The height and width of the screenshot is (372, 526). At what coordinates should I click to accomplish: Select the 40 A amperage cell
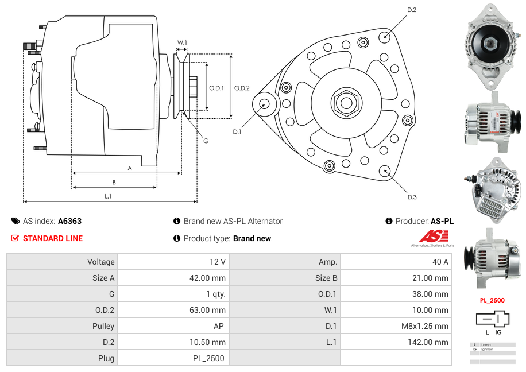click(440, 262)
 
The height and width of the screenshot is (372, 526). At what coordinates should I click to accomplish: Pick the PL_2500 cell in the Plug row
click(209, 358)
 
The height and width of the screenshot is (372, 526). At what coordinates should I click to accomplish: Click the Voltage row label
click(100, 262)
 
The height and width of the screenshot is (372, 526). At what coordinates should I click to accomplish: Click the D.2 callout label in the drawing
click(412, 10)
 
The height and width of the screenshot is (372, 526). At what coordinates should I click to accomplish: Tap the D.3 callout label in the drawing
click(412, 197)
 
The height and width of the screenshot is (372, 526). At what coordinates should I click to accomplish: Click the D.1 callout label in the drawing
click(237, 132)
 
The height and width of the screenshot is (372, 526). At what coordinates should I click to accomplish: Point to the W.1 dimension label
click(182, 42)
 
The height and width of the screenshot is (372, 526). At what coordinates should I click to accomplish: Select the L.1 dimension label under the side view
click(108, 196)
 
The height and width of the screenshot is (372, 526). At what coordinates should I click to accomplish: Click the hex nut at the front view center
click(346, 103)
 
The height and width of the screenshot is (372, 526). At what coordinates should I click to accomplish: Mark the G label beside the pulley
click(206, 141)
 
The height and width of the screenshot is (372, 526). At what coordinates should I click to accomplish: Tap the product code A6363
click(69, 221)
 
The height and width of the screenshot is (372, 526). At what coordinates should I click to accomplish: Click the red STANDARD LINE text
click(53, 238)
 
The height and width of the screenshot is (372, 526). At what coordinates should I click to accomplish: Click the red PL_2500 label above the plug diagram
click(492, 300)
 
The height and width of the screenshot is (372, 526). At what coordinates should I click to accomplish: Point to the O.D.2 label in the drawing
click(242, 88)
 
